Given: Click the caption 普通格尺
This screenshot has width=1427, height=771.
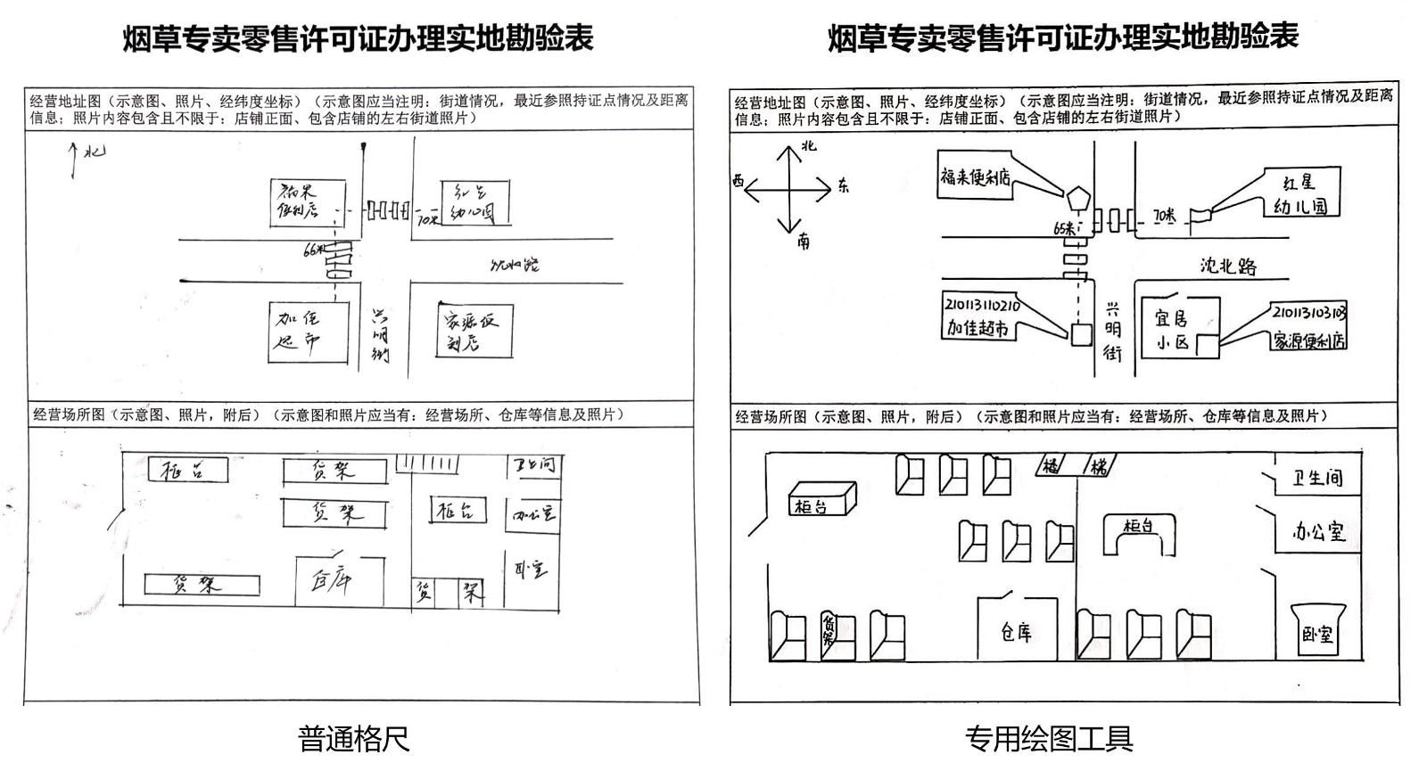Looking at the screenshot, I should tap(353, 739).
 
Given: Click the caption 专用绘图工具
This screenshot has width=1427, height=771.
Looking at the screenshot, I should tap(1048, 739).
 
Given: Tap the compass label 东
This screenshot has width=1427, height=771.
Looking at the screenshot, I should tap(844, 187).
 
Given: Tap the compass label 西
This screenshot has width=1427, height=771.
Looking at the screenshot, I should tap(738, 181).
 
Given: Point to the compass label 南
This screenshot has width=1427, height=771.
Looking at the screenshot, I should tap(804, 241).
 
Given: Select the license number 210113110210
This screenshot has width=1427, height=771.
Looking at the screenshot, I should tap(982, 306).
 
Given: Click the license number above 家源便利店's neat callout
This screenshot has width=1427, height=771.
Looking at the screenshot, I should tap(1308, 313).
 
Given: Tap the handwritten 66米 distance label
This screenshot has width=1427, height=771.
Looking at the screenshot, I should tap(314, 250).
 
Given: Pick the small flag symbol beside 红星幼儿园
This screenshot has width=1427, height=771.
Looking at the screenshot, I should tap(1203, 213).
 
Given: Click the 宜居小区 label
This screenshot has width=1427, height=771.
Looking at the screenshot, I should tap(1172, 329).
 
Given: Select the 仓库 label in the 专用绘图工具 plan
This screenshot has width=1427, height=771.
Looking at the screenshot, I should tap(1016, 633).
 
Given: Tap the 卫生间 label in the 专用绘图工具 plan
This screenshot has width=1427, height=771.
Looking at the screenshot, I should tap(1317, 479).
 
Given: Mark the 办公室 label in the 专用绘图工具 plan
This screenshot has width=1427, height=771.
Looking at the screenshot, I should tap(1318, 532).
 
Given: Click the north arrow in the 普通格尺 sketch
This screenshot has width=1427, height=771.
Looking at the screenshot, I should tap(73, 160).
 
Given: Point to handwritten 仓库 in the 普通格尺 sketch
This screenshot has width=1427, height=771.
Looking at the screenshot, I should tap(331, 581).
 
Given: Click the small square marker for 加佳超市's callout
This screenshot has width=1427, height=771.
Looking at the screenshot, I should tap(1081, 334).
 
